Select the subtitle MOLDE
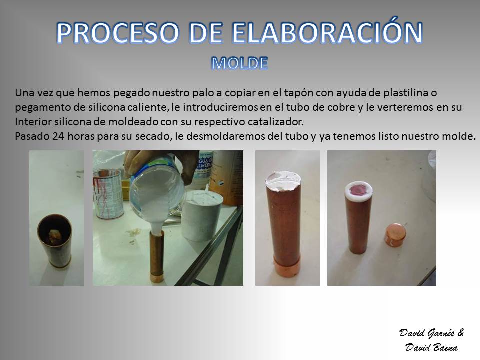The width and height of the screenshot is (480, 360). coord(239,63)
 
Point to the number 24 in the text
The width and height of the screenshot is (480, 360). coord(58,136)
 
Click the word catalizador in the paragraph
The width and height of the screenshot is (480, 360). coord(275,121)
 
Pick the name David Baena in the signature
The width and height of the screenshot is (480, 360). coord(431,347)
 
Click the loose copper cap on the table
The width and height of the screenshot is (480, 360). coord(394,235)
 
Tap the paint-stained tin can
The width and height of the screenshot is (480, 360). coord(108,193)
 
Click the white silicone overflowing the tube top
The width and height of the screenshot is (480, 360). coord(283,182)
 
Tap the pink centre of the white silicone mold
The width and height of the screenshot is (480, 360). coord(358,190)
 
